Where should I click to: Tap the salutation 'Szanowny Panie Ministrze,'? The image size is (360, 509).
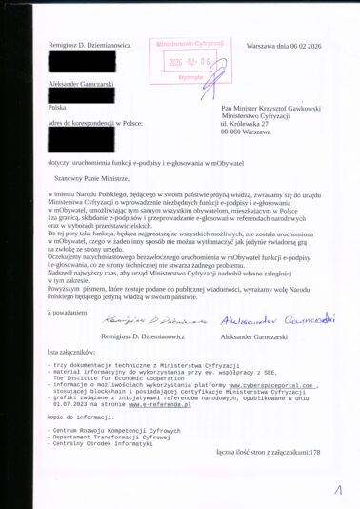coord(90,178)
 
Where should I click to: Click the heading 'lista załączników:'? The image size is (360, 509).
coord(75,352)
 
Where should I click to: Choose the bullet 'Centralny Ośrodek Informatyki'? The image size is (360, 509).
coord(95,444)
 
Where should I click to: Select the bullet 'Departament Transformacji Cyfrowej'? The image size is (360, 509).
coord(104,438)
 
